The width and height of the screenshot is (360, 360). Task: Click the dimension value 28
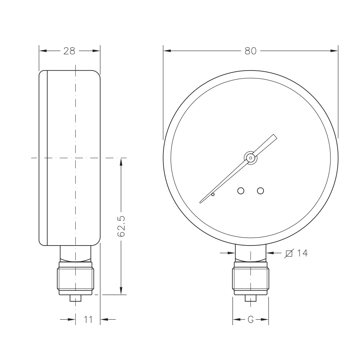coord(69,51)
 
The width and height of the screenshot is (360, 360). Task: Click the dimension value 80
coord(250,51)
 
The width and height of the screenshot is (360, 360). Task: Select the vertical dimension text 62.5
coord(121,226)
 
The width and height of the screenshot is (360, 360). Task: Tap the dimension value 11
coord(88,319)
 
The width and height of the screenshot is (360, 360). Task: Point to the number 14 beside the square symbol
coord(302,253)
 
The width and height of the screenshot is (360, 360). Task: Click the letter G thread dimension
coord(251,319)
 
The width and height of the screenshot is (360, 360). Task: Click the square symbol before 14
coord(289,253)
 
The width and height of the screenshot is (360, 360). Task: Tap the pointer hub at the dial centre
coord(251,158)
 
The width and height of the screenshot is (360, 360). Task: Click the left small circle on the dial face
coord(240,190)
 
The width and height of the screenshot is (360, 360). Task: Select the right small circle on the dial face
coord(260,190)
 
